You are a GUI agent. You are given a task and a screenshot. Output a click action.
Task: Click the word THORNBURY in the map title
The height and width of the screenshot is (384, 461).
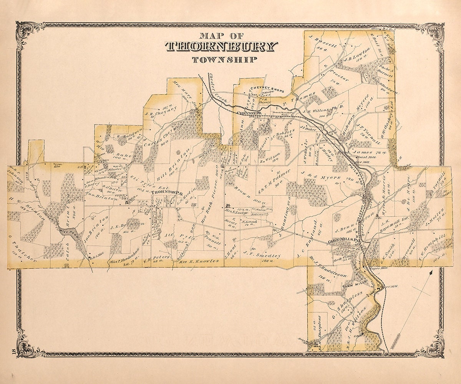click(221, 47)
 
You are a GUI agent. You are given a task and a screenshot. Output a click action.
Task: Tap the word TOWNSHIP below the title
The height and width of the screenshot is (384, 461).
click(224, 60)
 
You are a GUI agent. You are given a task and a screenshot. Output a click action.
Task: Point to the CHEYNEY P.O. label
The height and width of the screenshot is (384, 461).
click(250, 113)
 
